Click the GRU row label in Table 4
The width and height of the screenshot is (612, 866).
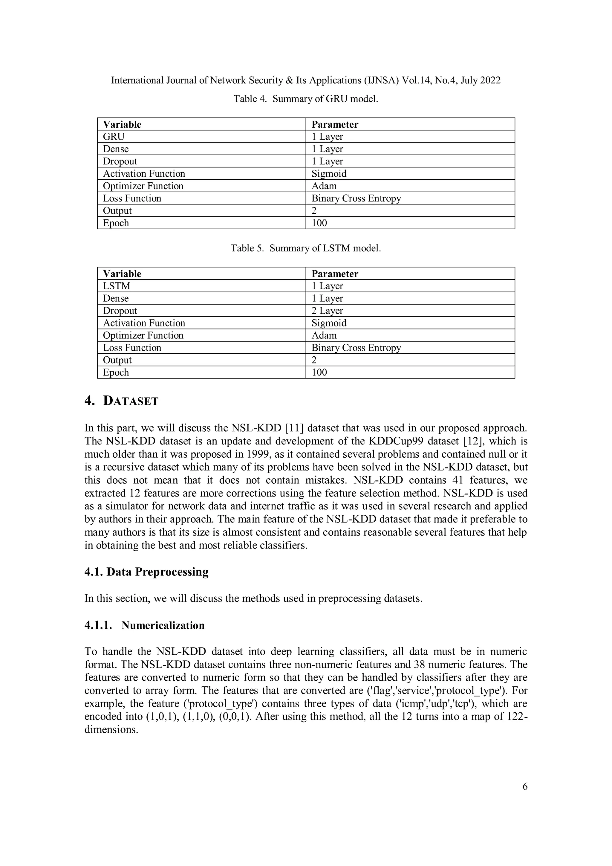click(x=114, y=137)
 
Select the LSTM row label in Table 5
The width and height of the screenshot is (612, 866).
click(x=117, y=286)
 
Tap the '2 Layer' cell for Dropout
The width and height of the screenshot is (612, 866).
click(x=327, y=311)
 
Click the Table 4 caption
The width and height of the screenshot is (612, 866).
click(x=305, y=99)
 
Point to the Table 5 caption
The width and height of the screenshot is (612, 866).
click(x=305, y=248)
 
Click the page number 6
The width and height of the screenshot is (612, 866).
click(x=525, y=786)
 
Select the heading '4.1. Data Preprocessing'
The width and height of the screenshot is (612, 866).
click(x=146, y=572)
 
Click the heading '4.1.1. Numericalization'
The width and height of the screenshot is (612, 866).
click(x=144, y=625)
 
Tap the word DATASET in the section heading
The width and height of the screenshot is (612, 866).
click(x=131, y=401)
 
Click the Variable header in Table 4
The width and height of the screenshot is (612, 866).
click(x=122, y=124)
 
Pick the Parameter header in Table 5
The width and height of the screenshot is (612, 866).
click(x=335, y=274)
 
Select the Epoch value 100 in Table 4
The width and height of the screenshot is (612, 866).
click(x=319, y=223)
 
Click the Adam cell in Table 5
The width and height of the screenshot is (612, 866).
click(x=324, y=335)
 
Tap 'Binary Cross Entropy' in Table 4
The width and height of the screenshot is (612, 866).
click(x=356, y=198)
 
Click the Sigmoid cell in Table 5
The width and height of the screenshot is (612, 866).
click(x=329, y=323)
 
